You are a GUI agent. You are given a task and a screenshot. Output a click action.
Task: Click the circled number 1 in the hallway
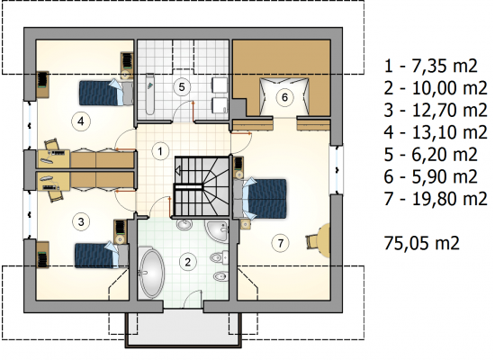[x=160, y=151]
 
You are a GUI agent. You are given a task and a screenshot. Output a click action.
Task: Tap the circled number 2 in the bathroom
[x=188, y=262]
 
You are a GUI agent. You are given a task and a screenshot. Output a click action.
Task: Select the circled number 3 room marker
[x=81, y=221]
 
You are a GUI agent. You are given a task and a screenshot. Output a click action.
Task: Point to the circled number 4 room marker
[x=81, y=121]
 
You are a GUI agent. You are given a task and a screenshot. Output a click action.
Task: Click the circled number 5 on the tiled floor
[x=182, y=86]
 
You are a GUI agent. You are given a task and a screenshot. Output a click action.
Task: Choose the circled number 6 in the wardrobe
[x=284, y=97]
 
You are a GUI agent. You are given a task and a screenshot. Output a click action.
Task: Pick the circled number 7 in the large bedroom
[x=280, y=243]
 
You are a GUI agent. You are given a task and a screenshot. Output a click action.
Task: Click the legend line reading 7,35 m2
[x=430, y=66]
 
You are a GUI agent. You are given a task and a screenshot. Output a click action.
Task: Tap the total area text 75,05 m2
[x=421, y=243]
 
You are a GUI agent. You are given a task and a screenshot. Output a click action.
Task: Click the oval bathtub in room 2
[x=152, y=274]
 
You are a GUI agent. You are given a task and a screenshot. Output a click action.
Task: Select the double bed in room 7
[x=260, y=198]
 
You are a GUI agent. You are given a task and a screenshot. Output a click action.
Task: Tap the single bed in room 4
[x=106, y=93]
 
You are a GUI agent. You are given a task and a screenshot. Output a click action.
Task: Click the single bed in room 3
[x=102, y=256]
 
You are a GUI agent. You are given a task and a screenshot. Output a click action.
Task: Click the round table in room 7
[x=324, y=241]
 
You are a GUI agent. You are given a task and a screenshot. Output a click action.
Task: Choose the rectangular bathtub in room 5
[x=149, y=94]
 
